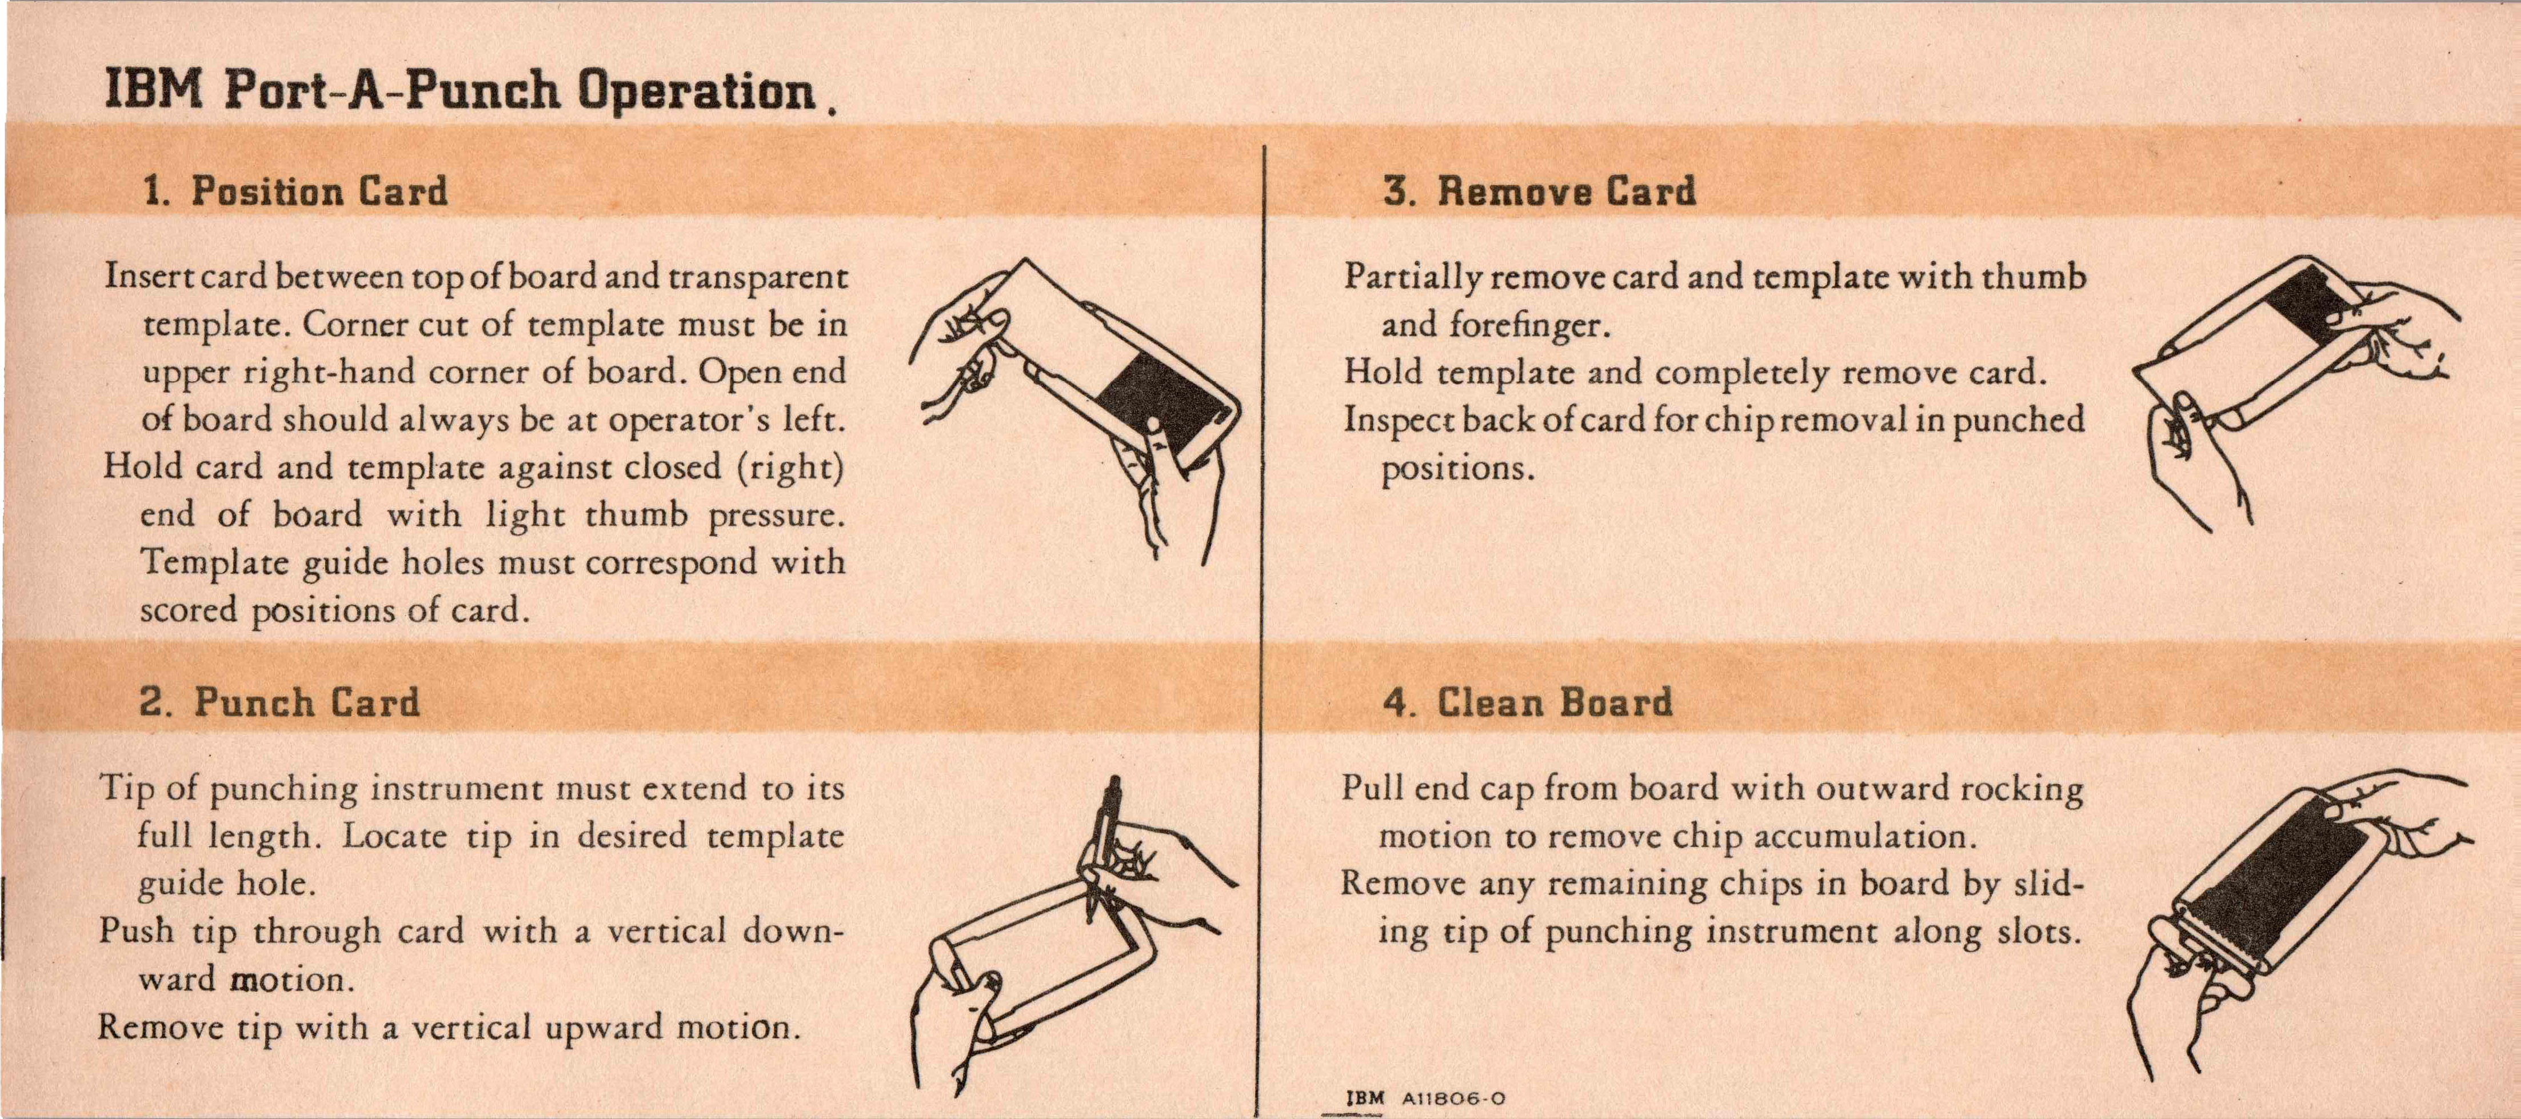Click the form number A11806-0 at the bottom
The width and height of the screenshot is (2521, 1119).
1453,1098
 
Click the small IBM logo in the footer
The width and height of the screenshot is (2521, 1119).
1366,1098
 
